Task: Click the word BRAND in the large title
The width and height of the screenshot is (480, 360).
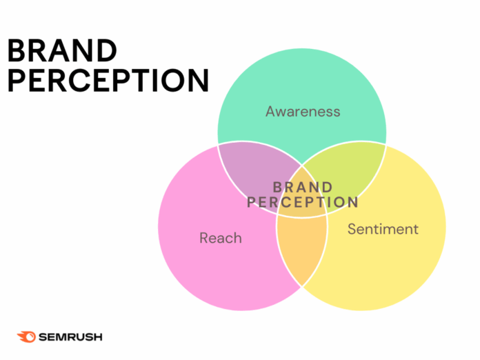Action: tap(62, 50)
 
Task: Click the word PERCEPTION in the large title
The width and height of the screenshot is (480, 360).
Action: tap(108, 80)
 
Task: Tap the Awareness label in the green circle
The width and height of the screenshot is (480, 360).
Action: tap(303, 111)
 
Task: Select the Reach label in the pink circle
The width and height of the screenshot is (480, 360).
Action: tap(221, 238)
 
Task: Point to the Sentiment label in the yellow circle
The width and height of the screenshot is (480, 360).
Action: tap(383, 229)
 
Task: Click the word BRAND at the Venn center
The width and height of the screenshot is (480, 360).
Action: tap(303, 188)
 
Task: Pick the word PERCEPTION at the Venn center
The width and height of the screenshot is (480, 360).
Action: tap(303, 202)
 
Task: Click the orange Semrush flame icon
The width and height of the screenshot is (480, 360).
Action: tap(26, 337)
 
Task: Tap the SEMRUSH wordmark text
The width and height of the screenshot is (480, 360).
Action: tap(70, 337)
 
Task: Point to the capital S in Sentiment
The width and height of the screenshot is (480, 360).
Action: tap(352, 229)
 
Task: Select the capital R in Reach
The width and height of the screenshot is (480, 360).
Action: tap(204, 238)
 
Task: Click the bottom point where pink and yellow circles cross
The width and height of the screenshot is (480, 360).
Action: tap(302, 286)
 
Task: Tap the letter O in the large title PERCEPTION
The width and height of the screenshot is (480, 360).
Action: tap(173, 80)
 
